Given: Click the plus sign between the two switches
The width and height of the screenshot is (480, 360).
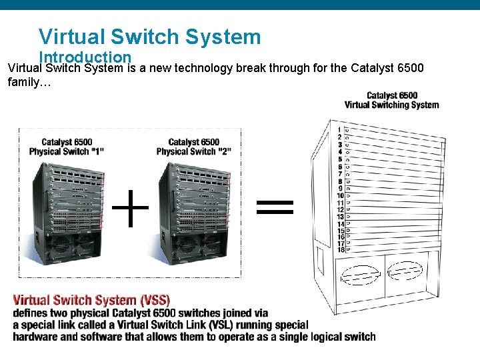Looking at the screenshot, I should coord(130,207).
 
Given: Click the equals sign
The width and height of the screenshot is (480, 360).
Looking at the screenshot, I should coord(275,207).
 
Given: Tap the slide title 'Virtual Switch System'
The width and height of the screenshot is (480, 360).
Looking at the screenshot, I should coord(149,36).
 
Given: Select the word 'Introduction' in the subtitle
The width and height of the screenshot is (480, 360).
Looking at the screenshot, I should coord(85,58).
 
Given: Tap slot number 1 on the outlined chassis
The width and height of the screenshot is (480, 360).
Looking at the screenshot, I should coord(339,130).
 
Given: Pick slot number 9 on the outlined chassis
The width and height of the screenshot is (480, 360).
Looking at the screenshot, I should coord(340,188).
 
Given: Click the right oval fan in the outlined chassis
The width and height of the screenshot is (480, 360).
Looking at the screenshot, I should coord(405,271).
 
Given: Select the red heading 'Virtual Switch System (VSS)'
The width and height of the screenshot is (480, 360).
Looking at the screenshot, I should coord(91,300).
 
